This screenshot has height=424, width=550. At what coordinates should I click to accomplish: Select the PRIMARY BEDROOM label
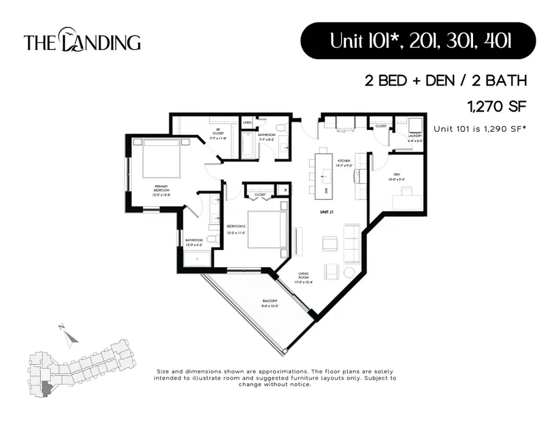pos(161,189)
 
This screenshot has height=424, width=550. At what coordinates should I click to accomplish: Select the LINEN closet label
pos(248,123)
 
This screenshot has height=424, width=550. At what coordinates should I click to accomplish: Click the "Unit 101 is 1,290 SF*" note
pos(480,129)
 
